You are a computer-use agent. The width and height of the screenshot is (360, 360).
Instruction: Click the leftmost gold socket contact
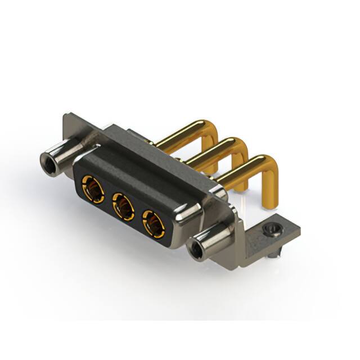[x=93, y=190]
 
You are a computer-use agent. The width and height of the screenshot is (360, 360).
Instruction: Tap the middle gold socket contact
[x=123, y=206]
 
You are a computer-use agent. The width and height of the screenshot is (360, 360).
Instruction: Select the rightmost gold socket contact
[x=153, y=223]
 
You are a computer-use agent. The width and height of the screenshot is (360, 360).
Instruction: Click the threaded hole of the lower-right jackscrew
[x=197, y=249]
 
